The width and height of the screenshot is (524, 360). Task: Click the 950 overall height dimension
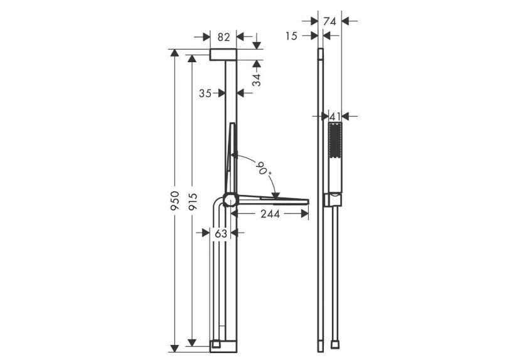pos(174,200)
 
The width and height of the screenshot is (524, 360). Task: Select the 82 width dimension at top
pos(223,37)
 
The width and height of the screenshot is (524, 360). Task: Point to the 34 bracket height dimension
pos(256,80)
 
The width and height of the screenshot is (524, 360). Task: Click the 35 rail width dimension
pos(205,93)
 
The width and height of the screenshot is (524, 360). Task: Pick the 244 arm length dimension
pos(270,214)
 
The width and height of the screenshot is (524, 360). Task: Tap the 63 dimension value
pos(221,233)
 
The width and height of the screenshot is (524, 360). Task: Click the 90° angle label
pos(264,168)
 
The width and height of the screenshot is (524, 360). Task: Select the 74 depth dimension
pos(329,21)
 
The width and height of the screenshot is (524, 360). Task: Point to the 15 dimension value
pos(291,36)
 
